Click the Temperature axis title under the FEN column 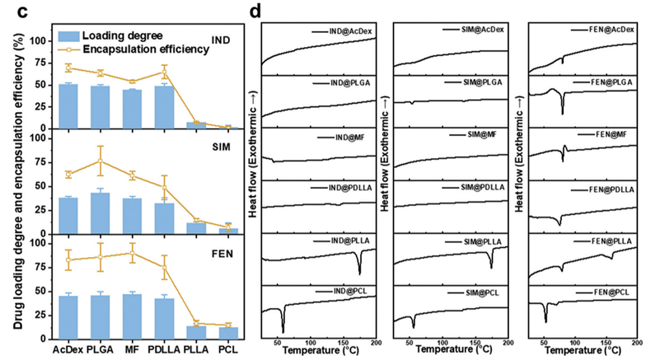click(584, 350)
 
